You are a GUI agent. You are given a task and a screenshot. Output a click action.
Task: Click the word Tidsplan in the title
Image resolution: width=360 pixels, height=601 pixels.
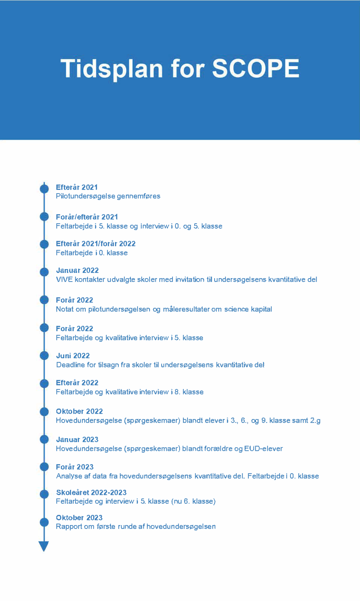click(112, 69)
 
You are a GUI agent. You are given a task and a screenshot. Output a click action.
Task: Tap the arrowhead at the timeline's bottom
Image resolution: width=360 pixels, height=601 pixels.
click(44, 546)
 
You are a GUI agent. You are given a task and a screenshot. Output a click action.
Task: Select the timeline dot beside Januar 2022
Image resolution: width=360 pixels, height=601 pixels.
click(44, 272)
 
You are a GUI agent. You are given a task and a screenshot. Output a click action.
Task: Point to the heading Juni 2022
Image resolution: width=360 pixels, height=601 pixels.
click(73, 356)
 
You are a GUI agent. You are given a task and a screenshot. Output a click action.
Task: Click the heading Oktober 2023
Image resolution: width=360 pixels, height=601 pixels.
click(79, 518)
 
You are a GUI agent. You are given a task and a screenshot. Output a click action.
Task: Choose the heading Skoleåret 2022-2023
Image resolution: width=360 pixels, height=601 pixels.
click(91, 493)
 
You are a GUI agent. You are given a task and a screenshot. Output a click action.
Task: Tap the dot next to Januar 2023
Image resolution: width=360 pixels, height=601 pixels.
click(44, 439)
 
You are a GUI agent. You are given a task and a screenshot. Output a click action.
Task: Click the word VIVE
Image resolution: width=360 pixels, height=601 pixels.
click(64, 279)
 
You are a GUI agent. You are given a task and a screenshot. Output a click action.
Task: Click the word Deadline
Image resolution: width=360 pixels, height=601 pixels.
click(70, 365)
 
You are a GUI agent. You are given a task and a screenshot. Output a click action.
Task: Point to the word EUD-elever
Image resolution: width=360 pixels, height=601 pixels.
click(263, 449)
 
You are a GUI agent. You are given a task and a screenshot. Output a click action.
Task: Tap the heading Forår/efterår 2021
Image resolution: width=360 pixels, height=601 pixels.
click(87, 217)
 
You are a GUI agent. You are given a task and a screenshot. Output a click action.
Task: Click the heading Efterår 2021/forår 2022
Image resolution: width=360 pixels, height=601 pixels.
click(96, 244)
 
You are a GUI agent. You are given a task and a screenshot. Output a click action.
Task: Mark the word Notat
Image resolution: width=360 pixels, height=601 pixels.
click(65, 309)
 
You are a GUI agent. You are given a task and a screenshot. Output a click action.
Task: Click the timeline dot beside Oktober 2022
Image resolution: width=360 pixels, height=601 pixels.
click(44, 412)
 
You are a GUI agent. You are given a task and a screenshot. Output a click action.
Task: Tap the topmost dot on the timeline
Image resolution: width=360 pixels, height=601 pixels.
click(44, 188)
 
